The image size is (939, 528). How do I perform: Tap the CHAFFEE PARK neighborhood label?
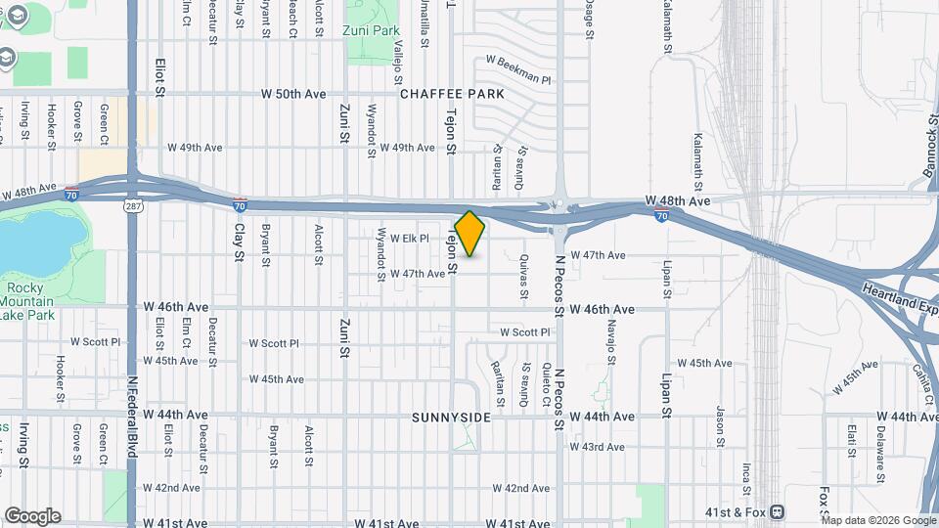[452, 94]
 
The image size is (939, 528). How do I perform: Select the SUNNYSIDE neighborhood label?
[450, 418]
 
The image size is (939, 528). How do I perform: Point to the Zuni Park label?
[372, 31]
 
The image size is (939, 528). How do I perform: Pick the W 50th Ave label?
[292, 94]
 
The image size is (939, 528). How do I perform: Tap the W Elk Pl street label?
[410, 238]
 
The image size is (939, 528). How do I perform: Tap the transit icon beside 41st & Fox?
[777, 510]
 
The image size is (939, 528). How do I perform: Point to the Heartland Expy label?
[900, 297]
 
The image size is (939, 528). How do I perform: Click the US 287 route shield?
[133, 207]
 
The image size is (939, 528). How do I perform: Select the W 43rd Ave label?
[603, 447]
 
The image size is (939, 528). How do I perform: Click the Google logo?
[32, 516]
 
